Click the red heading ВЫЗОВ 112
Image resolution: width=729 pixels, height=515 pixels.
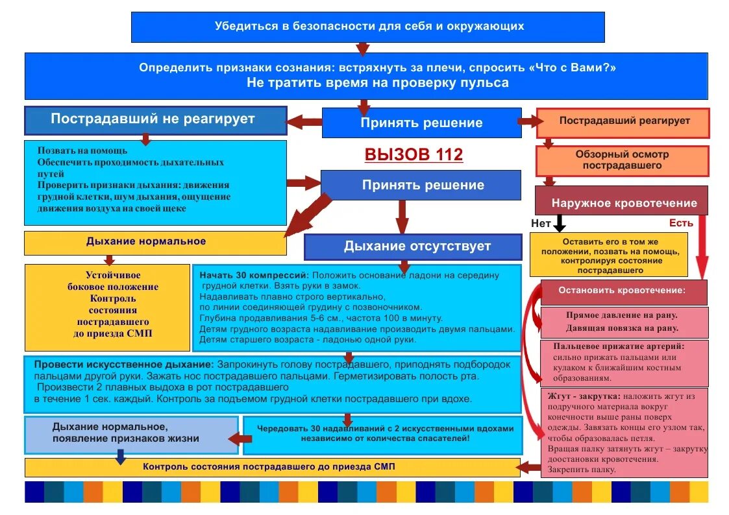pos(414,155)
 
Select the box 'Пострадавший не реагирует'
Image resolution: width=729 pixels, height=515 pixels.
pos(155,120)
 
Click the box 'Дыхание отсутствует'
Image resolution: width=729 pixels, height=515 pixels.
pos(413,247)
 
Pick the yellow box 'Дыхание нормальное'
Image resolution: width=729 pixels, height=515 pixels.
pos(154,243)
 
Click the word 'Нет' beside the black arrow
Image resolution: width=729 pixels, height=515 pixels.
pos(541,223)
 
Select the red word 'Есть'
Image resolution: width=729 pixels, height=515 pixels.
pos(681,223)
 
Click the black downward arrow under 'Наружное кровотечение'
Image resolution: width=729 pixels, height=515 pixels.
pos(560,224)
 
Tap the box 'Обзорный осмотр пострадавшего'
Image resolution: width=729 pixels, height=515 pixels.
pos(622,160)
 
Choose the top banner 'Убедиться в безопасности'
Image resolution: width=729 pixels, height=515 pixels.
pos(368,27)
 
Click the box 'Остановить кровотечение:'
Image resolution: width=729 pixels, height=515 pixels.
pos(623,291)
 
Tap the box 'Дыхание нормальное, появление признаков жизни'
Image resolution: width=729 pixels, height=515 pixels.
pos(132,434)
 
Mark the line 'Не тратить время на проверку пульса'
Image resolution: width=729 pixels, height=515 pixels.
pos(377,83)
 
